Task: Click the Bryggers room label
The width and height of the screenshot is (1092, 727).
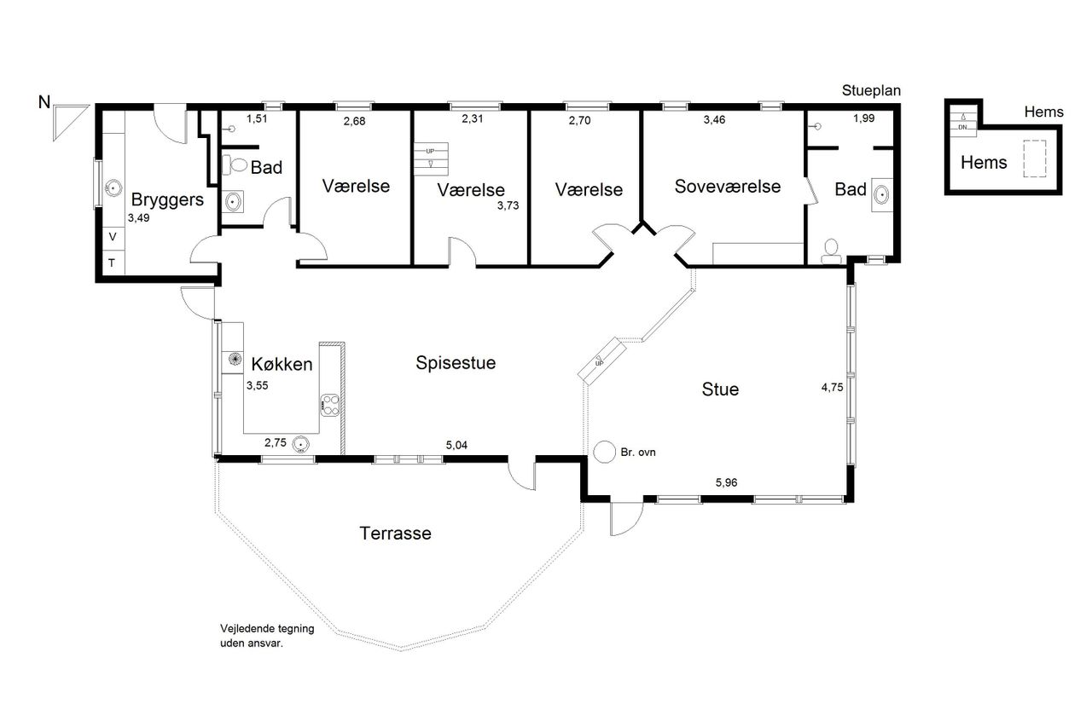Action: click(167, 200)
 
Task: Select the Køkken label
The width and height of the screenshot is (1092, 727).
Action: click(282, 364)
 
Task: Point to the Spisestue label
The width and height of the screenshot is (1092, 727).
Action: click(456, 363)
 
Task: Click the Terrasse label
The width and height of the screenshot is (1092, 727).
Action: click(395, 534)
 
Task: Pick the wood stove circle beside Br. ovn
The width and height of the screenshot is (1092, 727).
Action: click(605, 452)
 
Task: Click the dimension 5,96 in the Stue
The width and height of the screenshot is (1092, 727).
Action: click(726, 482)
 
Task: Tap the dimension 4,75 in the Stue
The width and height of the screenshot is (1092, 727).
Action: click(832, 388)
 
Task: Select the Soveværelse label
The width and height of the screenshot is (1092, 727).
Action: click(728, 187)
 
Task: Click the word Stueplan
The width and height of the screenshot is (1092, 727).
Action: click(871, 91)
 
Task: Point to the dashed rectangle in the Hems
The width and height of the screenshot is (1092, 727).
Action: click(1035, 159)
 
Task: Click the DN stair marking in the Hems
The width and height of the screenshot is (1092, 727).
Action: click(963, 128)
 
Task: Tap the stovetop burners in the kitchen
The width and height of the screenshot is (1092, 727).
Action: click(329, 405)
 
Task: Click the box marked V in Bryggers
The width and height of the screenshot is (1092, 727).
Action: click(113, 238)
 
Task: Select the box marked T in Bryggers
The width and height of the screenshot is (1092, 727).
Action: click(113, 263)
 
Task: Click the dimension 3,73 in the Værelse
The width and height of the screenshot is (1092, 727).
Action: click(508, 206)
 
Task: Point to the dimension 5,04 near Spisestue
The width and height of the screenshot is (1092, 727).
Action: click(456, 445)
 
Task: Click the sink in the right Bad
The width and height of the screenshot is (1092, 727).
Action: click(881, 195)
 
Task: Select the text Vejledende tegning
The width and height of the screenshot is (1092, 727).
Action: click(267, 629)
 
